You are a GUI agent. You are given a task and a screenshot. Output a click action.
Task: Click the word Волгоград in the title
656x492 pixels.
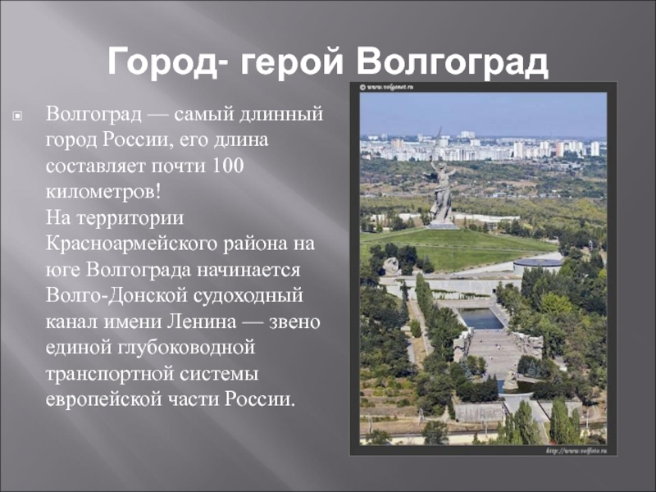(453, 61)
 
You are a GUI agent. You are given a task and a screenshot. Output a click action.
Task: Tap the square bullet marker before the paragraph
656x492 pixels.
(17, 116)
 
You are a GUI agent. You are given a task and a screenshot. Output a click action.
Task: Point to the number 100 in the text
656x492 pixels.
(228, 166)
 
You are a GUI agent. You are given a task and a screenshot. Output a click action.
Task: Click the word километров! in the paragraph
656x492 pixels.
(103, 192)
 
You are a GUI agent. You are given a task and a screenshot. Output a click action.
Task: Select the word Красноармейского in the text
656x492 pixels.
(131, 244)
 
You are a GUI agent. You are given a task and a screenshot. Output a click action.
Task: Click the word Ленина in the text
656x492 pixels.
(202, 321)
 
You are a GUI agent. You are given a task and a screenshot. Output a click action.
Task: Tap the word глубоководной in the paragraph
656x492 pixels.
(186, 348)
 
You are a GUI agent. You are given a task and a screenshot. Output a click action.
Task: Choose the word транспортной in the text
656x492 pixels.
(110, 374)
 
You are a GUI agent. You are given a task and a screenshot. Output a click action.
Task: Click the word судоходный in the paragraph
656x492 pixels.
(248, 296)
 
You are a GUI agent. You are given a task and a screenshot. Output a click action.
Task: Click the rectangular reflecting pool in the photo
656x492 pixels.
(481, 318)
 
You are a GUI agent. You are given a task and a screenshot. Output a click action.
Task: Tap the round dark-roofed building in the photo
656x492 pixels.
(537, 265)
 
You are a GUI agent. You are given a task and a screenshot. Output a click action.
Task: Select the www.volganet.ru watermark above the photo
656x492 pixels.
(386, 87)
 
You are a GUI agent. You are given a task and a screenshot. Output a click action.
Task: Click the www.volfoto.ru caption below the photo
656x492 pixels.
(576, 450)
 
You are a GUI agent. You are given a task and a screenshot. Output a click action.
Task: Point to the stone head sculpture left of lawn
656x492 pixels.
(391, 266)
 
